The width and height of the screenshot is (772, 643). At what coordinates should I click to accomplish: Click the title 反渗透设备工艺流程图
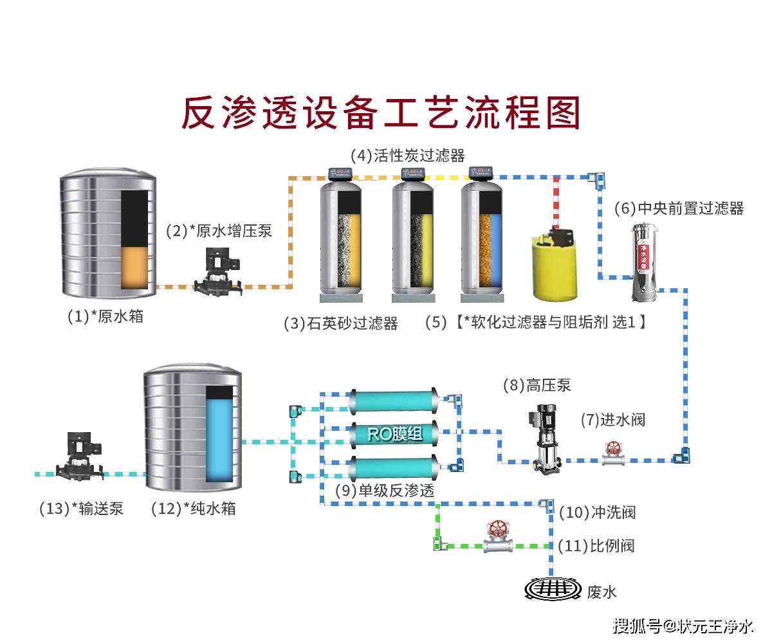pos(381,113)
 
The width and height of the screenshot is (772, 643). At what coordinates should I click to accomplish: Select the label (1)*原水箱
pos(106,316)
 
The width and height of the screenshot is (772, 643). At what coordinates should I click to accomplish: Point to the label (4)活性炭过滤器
pos(407,156)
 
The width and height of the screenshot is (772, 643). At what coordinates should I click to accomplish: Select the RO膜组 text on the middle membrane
pos(395,435)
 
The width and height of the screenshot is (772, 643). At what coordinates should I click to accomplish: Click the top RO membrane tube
pos(392,400)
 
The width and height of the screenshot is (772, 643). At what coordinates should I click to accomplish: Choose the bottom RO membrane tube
pos(392,468)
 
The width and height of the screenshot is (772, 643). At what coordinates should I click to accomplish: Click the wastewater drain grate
pos(552,588)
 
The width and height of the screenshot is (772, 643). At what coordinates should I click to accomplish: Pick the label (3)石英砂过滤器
pos(341,323)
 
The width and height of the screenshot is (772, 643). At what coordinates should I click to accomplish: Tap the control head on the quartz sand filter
pos(340,173)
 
